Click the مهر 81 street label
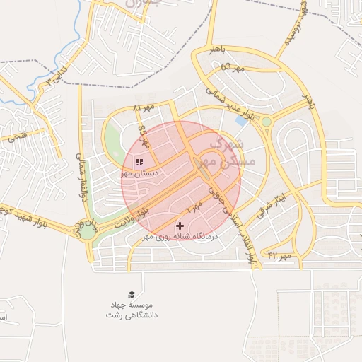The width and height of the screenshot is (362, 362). click(x=144, y=108)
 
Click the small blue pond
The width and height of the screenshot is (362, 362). click(x=242, y=120)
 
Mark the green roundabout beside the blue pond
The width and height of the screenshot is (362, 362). click(x=266, y=122)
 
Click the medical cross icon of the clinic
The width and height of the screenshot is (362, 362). click(x=179, y=226)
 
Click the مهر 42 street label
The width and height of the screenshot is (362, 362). click(x=280, y=253)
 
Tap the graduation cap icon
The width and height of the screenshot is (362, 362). click(x=132, y=294)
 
